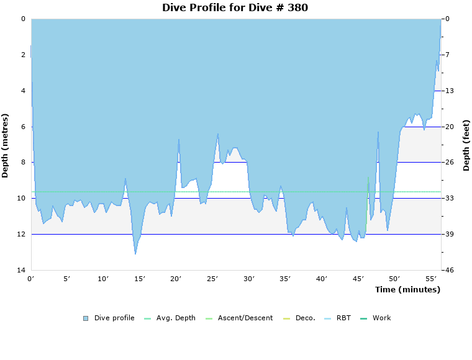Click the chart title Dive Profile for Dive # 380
pos(235,7)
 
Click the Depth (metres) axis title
pos(6,145)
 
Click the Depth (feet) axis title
pos(466,145)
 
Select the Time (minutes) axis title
pos(407,290)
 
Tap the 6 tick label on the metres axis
pos(23,127)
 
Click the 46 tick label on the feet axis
pos(449,270)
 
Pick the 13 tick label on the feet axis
pos(449,91)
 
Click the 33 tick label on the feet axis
pos(449,198)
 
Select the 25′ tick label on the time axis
pos(212,279)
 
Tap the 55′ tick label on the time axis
pos(430,279)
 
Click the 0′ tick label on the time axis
pos(31,279)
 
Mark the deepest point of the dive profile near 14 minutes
pos(135,253)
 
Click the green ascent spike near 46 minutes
pos(368,180)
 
